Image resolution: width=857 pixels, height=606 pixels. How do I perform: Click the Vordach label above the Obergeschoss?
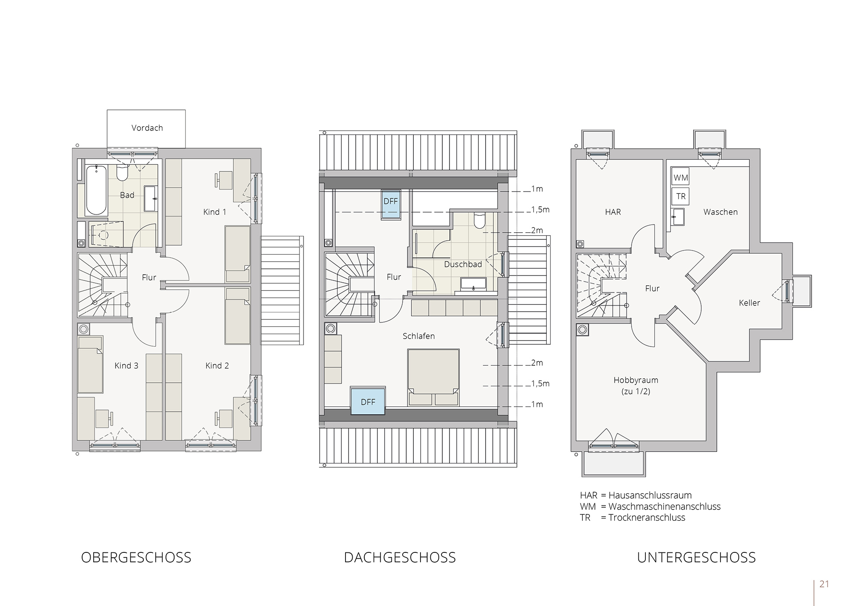pyautogui.click(x=147, y=128)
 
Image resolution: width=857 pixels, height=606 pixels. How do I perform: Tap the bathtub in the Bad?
pyautogui.click(x=96, y=190)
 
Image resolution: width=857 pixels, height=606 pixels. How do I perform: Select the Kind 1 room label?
pyautogui.click(x=214, y=212)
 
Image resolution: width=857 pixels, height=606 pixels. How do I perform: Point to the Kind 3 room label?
pyautogui.click(x=126, y=366)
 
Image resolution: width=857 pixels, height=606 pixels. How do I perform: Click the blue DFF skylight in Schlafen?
pyautogui.click(x=368, y=401)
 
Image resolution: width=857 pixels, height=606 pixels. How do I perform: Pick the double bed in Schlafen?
pyautogui.click(x=433, y=377)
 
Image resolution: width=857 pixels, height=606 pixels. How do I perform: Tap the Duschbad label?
pyautogui.click(x=463, y=264)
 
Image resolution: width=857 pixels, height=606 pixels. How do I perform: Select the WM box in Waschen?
pyautogui.click(x=680, y=177)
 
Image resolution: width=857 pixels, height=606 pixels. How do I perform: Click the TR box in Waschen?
pyautogui.click(x=680, y=196)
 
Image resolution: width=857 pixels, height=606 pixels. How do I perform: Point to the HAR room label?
pyautogui.click(x=613, y=212)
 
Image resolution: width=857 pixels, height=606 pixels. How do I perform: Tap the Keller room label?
pyautogui.click(x=749, y=303)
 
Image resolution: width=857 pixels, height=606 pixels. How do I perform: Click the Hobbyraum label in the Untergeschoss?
pyautogui.click(x=636, y=380)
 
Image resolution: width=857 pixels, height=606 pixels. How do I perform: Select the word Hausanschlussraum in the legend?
pyautogui.click(x=650, y=495)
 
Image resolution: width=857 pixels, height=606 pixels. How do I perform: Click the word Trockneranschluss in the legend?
pyautogui.click(x=647, y=518)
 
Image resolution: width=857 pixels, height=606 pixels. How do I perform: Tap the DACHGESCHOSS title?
pyautogui.click(x=400, y=558)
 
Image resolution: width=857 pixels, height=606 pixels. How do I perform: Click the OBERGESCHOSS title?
pyautogui.click(x=136, y=558)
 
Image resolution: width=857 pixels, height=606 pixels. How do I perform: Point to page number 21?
pyautogui.click(x=824, y=584)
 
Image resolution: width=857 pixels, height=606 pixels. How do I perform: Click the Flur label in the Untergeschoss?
pyautogui.click(x=652, y=288)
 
